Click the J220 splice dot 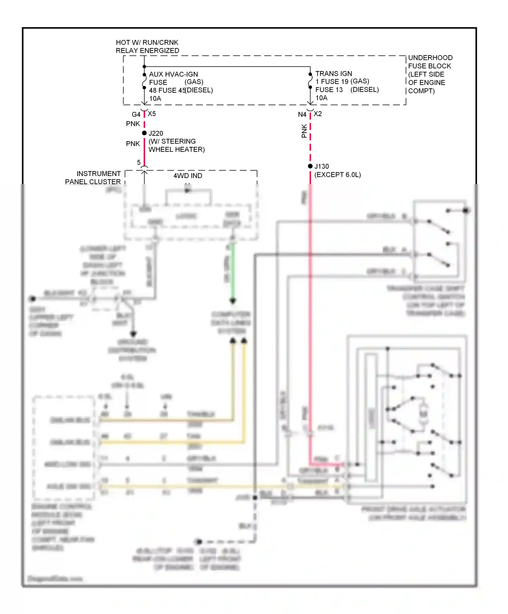(144, 133)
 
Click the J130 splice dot (310, 166)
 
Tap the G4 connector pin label (136, 114)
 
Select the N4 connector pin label (302, 114)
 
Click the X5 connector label (152, 114)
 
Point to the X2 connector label (318, 114)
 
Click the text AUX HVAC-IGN (173, 74)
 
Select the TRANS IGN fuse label (334, 73)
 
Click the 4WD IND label (188, 176)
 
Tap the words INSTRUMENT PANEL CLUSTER (93, 178)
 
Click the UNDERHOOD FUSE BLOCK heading (430, 62)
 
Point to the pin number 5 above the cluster (139, 162)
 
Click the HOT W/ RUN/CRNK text (147, 43)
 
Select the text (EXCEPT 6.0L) (338, 175)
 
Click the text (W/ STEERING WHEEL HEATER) (176, 146)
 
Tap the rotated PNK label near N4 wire (304, 131)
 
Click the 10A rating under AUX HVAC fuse (155, 98)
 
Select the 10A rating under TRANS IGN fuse (321, 98)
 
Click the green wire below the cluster (233, 271)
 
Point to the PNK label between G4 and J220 (133, 124)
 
